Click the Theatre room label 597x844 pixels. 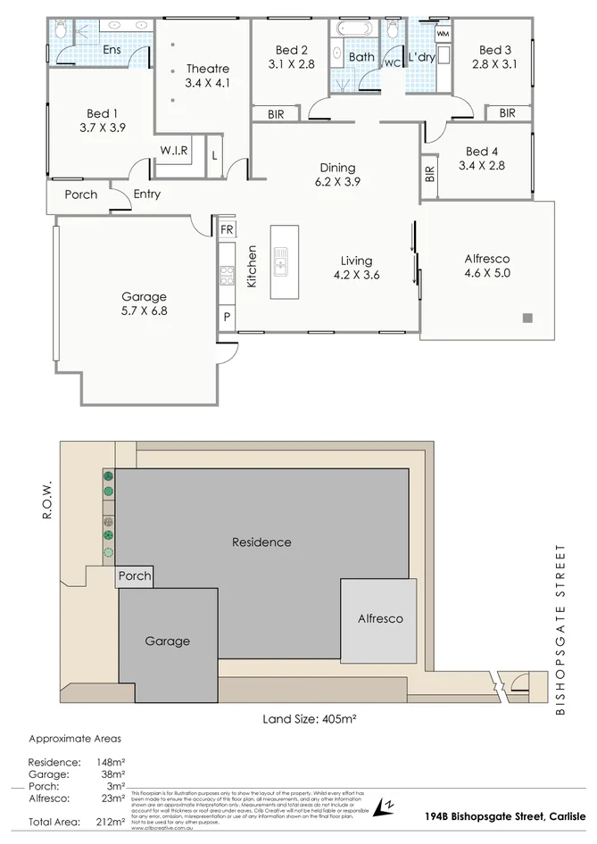(x=207, y=69)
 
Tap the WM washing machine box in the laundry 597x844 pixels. (x=443, y=33)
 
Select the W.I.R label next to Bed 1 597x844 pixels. (x=174, y=151)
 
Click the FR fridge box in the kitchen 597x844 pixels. (x=227, y=229)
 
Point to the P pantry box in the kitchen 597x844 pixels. (x=227, y=317)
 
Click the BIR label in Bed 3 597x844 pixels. (x=507, y=113)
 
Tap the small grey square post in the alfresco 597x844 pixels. (x=527, y=318)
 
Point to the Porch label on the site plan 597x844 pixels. (x=135, y=576)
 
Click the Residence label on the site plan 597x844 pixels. (x=261, y=542)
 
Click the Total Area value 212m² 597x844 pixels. (x=112, y=823)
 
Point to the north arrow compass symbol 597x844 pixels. (x=385, y=807)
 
